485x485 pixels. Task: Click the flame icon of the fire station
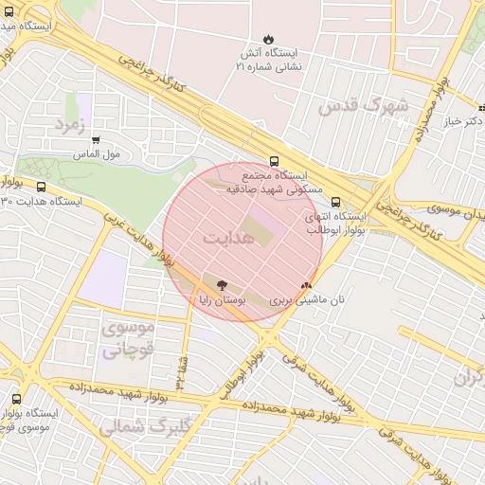pyautogui.click(x=267, y=40)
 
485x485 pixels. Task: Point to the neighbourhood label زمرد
pyautogui.click(x=70, y=124)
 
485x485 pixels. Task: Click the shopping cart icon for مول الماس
pyautogui.click(x=96, y=140)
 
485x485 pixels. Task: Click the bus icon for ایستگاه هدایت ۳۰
pyautogui.click(x=41, y=187)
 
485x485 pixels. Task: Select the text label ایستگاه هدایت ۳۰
pyautogui.click(x=43, y=202)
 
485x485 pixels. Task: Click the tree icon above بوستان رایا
pyautogui.click(x=222, y=284)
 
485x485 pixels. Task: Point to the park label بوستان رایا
pyautogui.click(x=222, y=299)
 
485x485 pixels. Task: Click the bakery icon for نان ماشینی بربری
pyautogui.click(x=305, y=284)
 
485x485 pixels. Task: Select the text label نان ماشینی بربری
pyautogui.click(x=303, y=299)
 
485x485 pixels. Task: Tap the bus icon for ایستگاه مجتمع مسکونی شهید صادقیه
pyautogui.click(x=274, y=161)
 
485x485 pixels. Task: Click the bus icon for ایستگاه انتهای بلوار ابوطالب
pyautogui.click(x=335, y=201)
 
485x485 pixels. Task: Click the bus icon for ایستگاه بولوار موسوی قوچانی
pyautogui.click(x=16, y=399)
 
